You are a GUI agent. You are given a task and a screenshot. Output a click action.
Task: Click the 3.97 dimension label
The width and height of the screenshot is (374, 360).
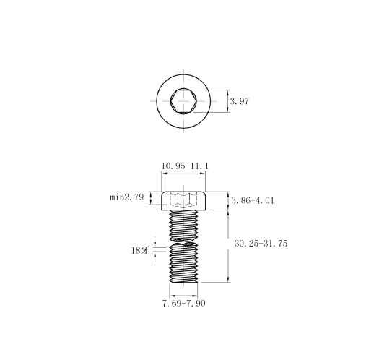point(239,102)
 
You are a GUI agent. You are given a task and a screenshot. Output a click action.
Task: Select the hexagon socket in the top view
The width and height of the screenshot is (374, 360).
point(185,100)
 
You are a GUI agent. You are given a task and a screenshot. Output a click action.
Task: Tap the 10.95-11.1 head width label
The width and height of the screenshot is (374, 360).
point(185,166)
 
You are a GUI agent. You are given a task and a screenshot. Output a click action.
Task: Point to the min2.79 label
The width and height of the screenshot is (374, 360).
point(126,197)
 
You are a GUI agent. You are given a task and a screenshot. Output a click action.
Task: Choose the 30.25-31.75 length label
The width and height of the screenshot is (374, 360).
point(261,244)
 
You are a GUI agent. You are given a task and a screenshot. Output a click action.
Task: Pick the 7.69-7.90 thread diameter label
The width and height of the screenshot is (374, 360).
point(183,304)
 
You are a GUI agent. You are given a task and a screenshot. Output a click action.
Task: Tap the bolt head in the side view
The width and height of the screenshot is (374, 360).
point(185,200)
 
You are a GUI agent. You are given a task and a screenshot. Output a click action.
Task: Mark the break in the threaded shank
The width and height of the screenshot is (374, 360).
point(185,241)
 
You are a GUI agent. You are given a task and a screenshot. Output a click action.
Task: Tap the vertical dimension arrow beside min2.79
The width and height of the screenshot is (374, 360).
point(150,198)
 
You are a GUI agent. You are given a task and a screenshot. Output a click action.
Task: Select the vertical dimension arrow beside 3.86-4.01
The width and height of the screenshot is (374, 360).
point(228,200)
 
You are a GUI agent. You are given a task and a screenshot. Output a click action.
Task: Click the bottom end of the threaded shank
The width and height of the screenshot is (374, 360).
point(185,281)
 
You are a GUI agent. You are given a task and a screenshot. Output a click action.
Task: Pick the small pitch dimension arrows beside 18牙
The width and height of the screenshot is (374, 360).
point(154,249)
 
